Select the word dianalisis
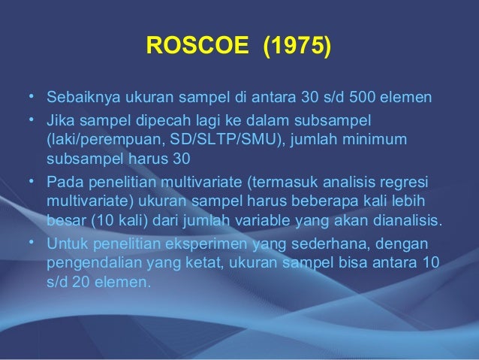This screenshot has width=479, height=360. pos(408,222)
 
